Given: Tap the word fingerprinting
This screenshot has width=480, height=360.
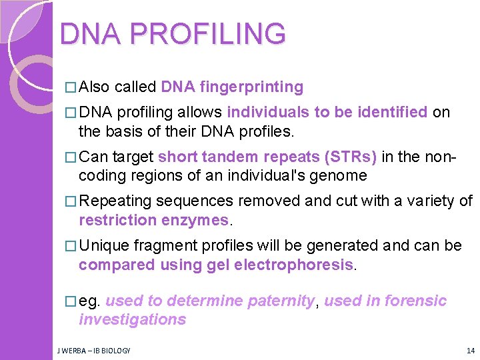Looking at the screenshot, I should click(x=251, y=87).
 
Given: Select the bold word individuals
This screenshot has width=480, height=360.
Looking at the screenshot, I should click(x=269, y=112).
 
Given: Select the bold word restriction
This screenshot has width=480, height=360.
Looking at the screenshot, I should click(x=116, y=220).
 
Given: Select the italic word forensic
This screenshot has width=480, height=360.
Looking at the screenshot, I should click(x=413, y=301).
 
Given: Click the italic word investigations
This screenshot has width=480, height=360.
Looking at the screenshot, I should click(x=132, y=319).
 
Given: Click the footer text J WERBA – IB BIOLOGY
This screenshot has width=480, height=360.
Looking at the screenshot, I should click(x=93, y=350).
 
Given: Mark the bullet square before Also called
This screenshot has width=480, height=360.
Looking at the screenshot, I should click(x=71, y=87).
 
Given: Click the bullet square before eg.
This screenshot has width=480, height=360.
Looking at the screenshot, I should click(x=71, y=301).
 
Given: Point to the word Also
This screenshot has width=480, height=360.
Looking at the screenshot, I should click(x=94, y=87).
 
